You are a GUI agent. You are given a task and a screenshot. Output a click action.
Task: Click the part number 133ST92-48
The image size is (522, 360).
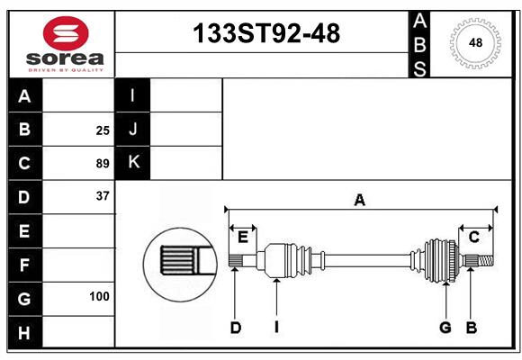pyautogui.click(x=267, y=33)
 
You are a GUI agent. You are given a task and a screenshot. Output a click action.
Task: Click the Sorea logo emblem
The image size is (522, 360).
pyautogui.click(x=65, y=33)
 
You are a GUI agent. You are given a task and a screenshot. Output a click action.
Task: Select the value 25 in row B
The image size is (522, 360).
pyautogui.click(x=103, y=130)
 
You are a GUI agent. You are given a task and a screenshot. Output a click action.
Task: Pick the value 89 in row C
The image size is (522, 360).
pyautogui.click(x=103, y=164)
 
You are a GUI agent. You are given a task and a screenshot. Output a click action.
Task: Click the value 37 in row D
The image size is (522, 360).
pyautogui.click(x=103, y=196)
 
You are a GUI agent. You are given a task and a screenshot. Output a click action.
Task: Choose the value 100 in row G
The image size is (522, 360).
pyautogui.click(x=99, y=296)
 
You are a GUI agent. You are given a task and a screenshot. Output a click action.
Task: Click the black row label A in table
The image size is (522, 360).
pyautogui.click(x=24, y=97)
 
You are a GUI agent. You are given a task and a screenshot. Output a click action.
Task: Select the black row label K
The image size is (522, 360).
pyautogui.click(x=133, y=163)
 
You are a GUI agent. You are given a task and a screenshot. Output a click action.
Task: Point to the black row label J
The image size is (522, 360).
pyautogui.click(x=133, y=130)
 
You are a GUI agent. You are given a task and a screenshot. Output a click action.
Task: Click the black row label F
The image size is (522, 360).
pyautogui.click(x=24, y=265)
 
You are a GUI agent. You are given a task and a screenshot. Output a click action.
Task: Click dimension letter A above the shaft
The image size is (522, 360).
pyautogui.click(x=360, y=200)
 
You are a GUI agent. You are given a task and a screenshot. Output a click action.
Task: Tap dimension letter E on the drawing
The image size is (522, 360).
pyautogui.click(x=243, y=237)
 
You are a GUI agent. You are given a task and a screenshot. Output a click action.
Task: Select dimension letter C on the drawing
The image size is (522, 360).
pyautogui.click(x=473, y=237)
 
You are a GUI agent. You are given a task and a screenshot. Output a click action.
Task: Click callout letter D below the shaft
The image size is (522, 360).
pyautogui.click(x=236, y=328)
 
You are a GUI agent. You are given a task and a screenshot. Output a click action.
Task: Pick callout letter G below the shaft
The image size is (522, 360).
pyautogui.click(x=445, y=328)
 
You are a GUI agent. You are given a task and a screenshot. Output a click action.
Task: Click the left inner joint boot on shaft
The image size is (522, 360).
pyautogui.click(x=285, y=261)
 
